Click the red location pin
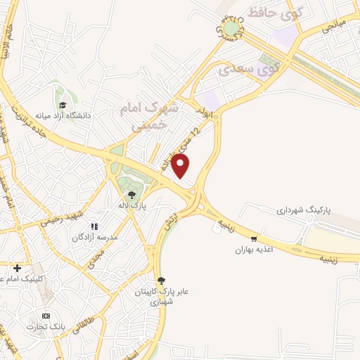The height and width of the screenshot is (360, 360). (x=181, y=166)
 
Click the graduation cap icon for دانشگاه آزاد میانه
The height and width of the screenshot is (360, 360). (x=63, y=105)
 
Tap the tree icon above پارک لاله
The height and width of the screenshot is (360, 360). (x=131, y=195)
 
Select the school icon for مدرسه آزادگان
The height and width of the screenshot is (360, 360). (x=94, y=226)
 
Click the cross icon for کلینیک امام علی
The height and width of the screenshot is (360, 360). (x=17, y=268)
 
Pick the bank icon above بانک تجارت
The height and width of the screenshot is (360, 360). (x=46, y=316)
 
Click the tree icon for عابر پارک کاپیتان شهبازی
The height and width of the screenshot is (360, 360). (x=161, y=280)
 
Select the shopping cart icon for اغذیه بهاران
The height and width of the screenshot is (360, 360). (x=263, y=239)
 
